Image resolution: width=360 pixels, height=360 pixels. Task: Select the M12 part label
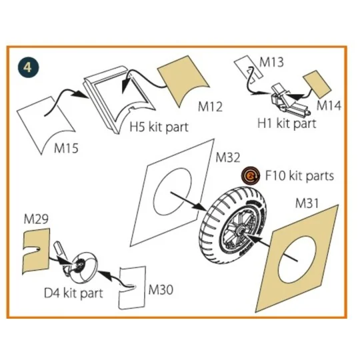211,107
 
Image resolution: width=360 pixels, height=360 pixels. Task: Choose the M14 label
329,105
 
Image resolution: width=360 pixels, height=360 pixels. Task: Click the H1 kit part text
287,123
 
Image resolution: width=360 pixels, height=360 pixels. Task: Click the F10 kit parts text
298,176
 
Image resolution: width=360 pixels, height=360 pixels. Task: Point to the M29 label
37,219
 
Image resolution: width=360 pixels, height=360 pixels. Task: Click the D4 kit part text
74,293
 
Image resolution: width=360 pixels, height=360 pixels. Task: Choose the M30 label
161,289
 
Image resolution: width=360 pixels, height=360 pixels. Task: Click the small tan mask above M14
317,83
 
